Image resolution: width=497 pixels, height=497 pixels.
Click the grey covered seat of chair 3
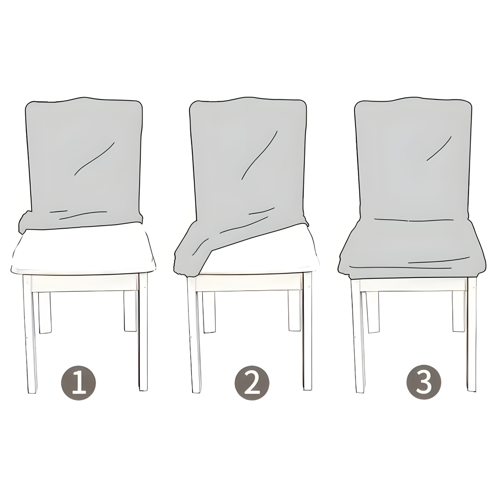tap(411, 248)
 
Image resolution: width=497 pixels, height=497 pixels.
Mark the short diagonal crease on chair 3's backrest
tap(439, 149)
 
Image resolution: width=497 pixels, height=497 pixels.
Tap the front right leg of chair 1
tap(143, 331)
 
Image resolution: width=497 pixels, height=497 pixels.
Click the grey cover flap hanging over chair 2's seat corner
tap(193, 248)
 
